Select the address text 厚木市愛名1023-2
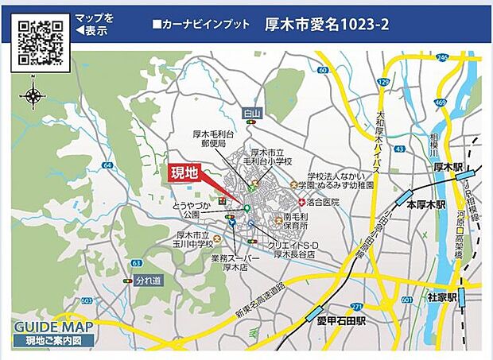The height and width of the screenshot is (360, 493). [x=327, y=25]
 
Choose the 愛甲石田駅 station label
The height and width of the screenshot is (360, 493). [x=339, y=322]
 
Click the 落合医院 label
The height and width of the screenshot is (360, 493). [x=322, y=202]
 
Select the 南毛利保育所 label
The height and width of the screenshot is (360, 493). [x=296, y=220]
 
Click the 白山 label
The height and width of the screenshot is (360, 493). [x=253, y=114]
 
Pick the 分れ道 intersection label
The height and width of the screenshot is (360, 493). [x=148, y=281]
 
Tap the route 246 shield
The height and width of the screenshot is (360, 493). [x=442, y=57]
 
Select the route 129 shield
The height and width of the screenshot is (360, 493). [x=384, y=82]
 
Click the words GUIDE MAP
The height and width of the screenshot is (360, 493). [x=53, y=327]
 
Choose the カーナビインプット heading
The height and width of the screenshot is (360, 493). [x=200, y=25]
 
